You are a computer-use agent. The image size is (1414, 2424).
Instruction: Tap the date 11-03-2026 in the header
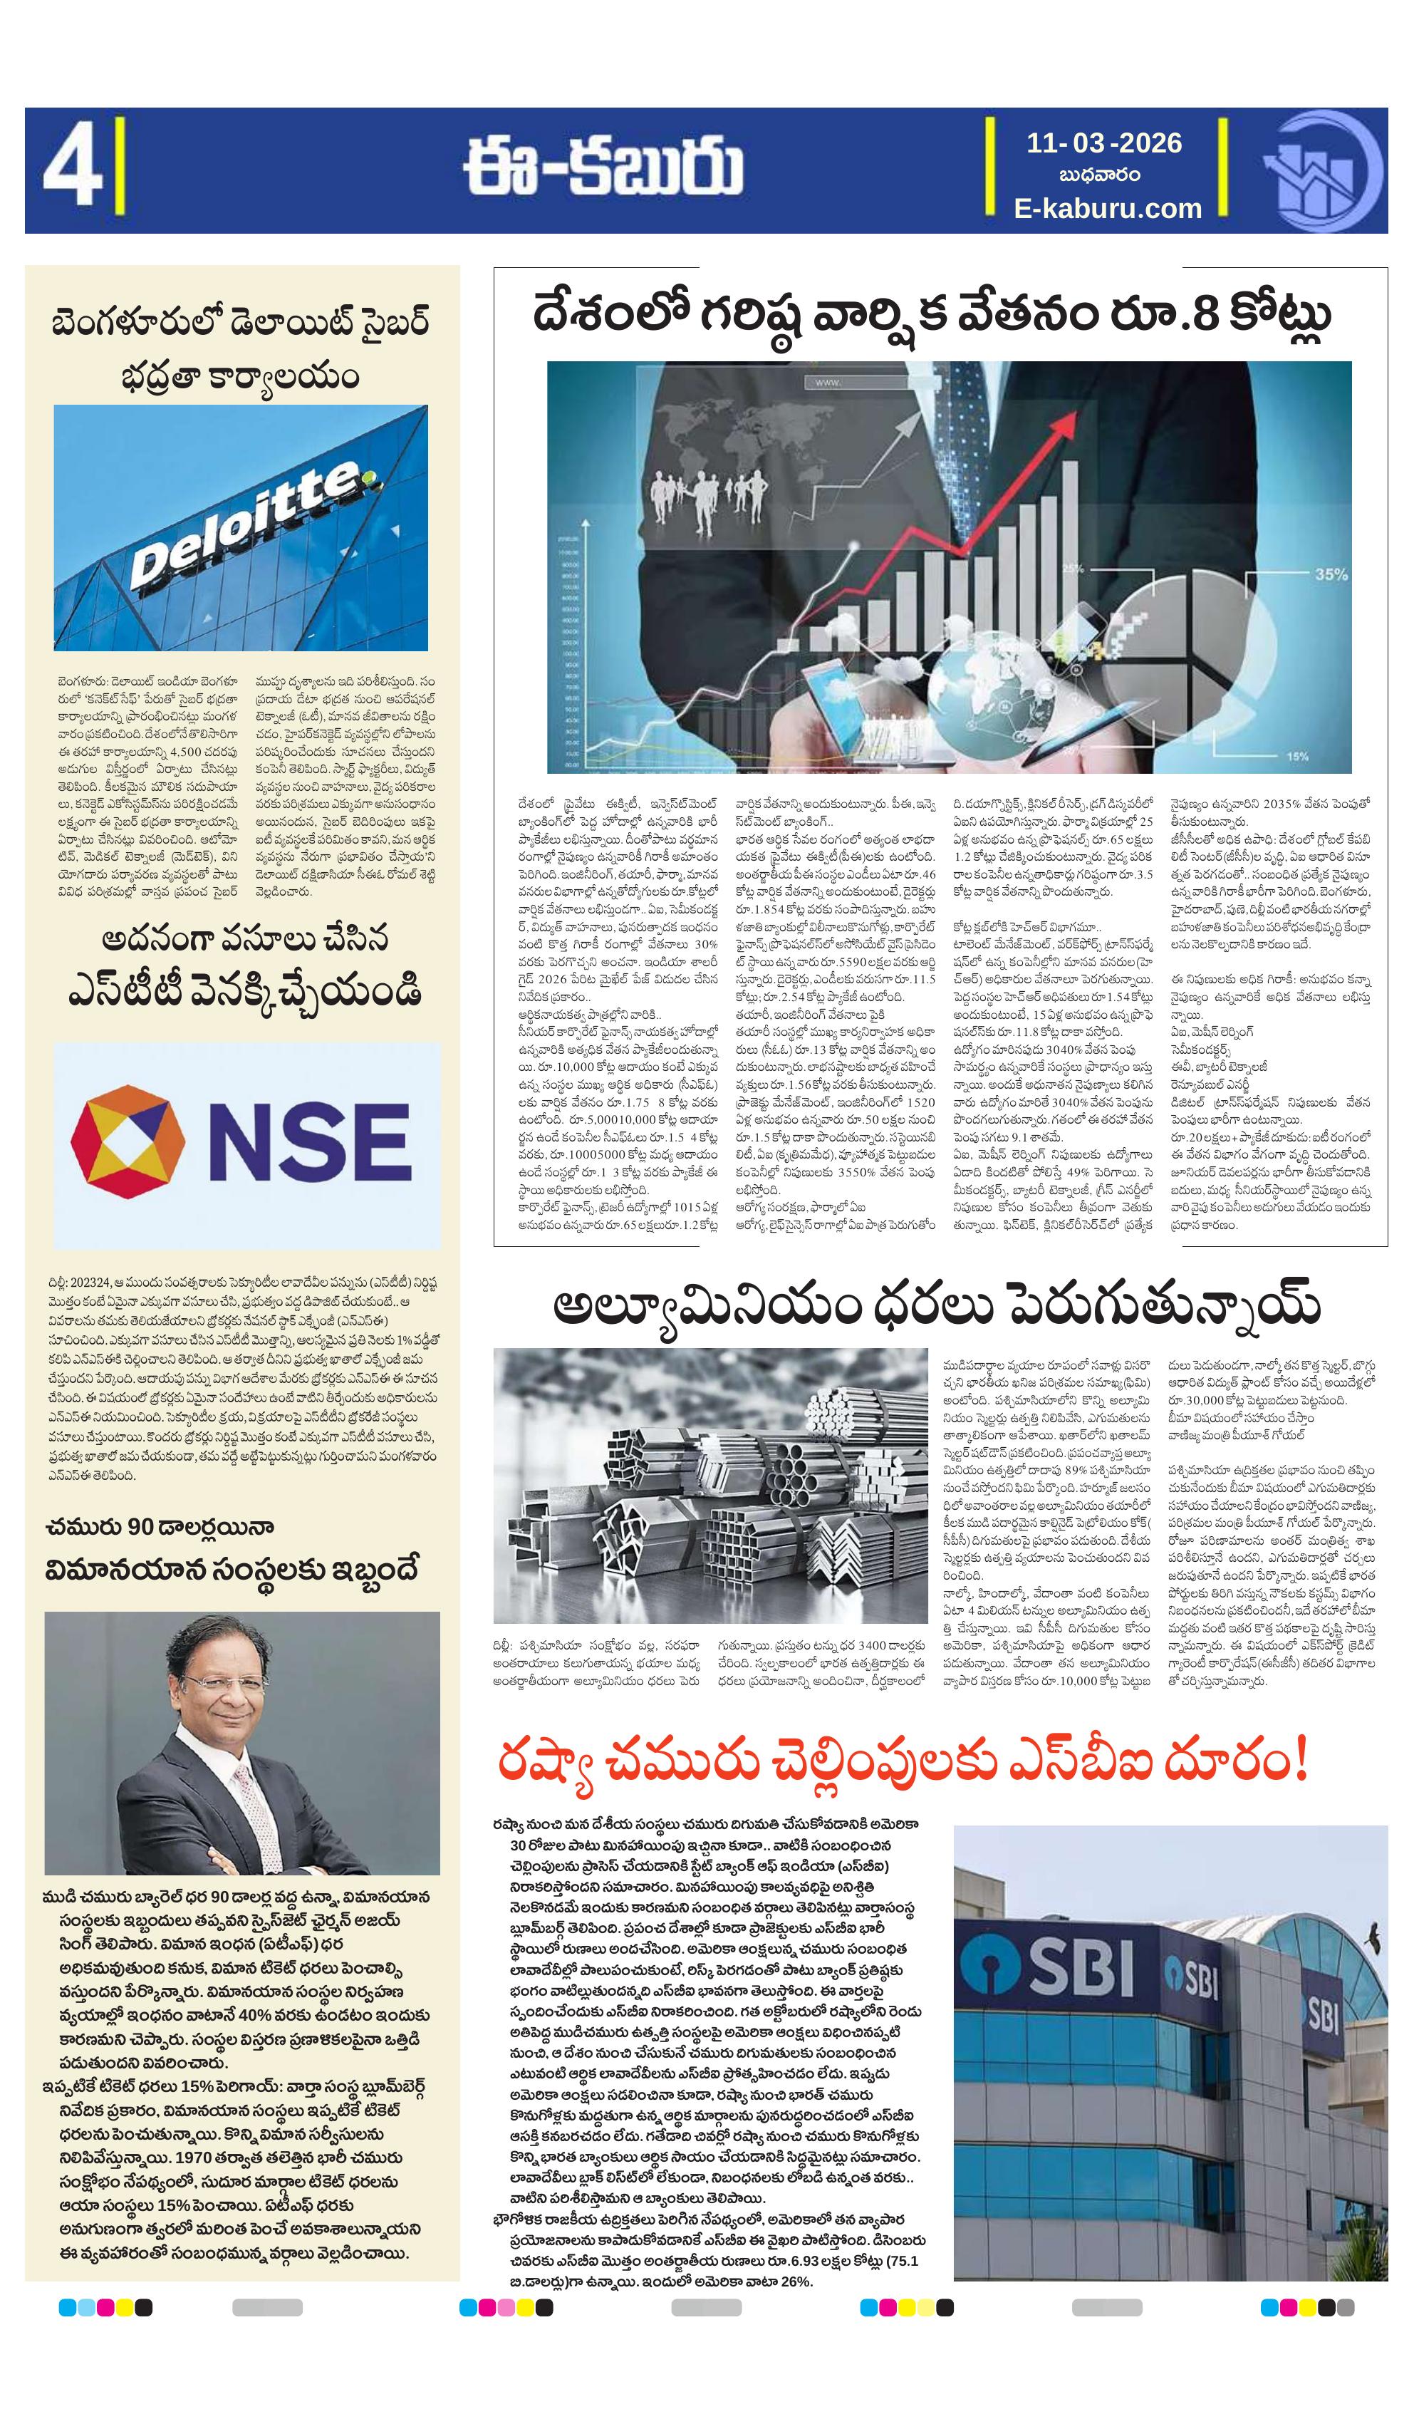(1103, 143)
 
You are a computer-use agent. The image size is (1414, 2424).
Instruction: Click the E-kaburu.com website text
(1107, 208)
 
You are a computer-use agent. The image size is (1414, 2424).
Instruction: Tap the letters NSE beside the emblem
(308, 1143)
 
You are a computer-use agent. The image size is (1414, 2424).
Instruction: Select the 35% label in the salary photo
(1331, 574)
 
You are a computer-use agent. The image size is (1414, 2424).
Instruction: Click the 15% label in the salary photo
(1296, 756)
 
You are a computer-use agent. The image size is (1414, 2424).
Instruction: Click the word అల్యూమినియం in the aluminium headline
(706, 1306)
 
